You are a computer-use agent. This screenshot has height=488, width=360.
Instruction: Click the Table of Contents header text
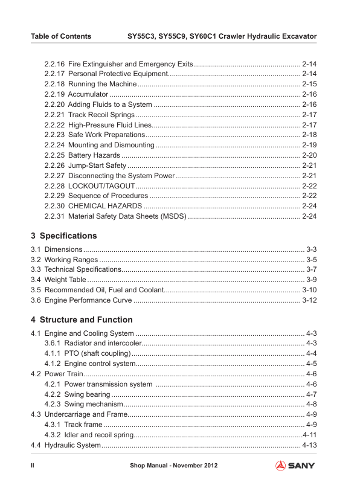61,36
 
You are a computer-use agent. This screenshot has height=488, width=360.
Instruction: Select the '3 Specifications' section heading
63,236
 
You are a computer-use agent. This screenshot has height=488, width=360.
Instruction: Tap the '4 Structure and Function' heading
82,319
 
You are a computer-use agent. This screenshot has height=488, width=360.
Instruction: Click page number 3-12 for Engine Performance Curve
309,300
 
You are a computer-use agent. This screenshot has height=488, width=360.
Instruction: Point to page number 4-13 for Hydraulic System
309,445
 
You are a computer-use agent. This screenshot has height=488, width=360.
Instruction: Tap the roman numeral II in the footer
33,466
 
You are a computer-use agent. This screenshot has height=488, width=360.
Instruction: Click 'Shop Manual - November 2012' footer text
173,466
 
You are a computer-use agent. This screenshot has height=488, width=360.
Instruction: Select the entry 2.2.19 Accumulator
76,95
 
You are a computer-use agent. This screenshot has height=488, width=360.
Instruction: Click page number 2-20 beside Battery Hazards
309,156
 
